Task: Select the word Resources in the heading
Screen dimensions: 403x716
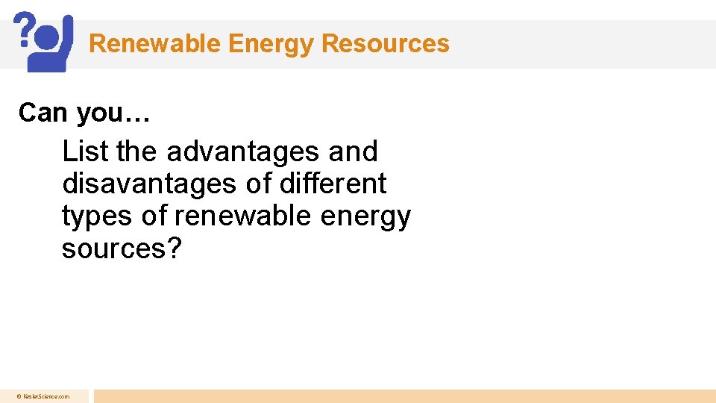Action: point(386,43)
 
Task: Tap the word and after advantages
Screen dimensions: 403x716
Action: point(353,151)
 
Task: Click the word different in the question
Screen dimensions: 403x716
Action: point(338,184)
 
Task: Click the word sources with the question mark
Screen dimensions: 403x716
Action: point(122,249)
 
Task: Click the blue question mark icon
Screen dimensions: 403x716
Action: point(25,29)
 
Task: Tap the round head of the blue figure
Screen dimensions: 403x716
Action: point(46,37)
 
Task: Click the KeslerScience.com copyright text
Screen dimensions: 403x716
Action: point(44,396)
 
